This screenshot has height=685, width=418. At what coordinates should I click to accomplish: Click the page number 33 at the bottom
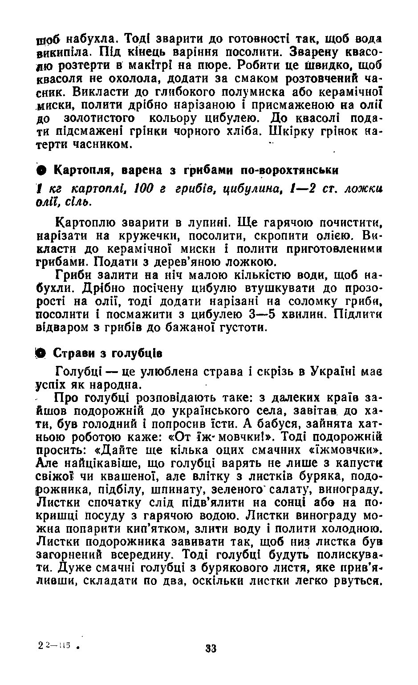[211, 648]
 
